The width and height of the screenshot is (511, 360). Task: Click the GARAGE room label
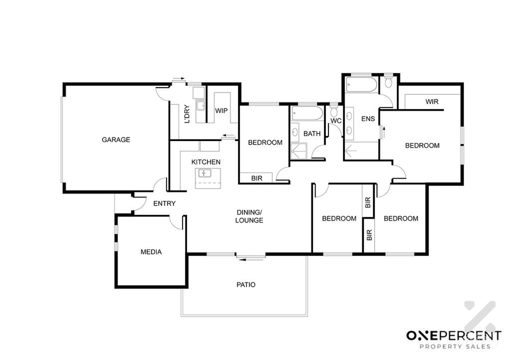(116, 140)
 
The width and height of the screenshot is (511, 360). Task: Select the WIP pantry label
(221, 111)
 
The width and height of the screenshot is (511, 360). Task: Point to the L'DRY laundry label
(187, 114)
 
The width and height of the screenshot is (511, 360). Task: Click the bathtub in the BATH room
(307, 114)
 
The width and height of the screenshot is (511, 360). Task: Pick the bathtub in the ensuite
(362, 84)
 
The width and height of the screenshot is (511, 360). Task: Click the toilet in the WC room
(334, 110)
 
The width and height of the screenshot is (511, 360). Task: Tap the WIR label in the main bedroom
(432, 102)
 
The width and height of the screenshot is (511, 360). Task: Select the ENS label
(368, 119)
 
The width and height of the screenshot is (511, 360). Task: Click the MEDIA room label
(151, 252)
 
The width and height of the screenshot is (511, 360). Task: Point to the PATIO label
(246, 285)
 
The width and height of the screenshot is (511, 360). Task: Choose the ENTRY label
(164, 203)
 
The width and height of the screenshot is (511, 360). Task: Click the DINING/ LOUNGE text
(250, 216)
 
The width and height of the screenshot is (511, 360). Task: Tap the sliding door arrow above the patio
(250, 259)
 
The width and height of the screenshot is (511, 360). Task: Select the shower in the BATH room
(299, 151)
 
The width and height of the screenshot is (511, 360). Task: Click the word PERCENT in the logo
(468, 336)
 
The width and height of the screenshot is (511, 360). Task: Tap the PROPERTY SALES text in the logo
(455, 347)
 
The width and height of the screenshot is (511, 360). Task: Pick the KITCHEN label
(206, 162)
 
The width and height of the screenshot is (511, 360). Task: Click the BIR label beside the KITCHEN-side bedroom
(257, 179)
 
